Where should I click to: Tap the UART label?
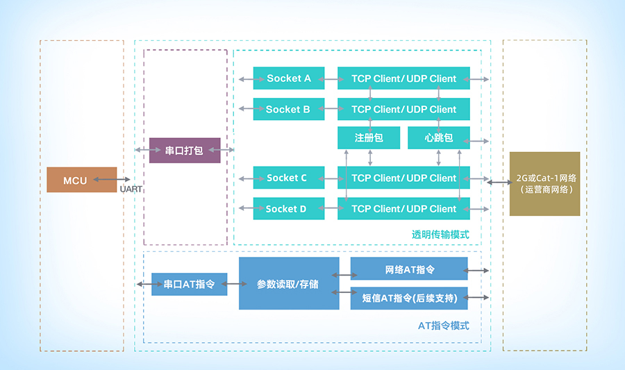131,189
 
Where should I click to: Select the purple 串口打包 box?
185,150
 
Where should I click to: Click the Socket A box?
288,78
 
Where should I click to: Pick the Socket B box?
288,109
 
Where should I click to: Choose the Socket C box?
288,178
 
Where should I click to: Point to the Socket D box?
288,208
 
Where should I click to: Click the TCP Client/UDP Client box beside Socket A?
403,78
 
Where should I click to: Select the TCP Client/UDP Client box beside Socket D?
403,208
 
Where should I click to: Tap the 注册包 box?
369,137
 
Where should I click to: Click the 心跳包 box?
439,137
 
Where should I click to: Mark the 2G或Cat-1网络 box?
544,183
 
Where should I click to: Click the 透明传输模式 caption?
440,234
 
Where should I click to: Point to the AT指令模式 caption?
444,325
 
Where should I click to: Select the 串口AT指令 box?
189,284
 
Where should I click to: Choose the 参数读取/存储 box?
289,283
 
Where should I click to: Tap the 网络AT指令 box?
409,269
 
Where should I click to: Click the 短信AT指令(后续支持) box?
409,298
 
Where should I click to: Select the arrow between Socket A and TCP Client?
331,79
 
